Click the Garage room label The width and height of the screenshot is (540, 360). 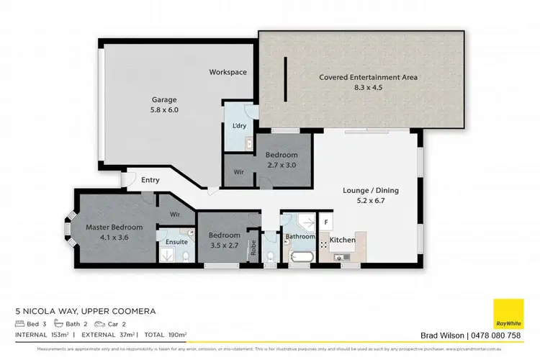164,100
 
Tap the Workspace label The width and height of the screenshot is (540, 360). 228,73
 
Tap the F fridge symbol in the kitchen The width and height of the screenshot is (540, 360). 326,223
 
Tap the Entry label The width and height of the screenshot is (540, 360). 150,180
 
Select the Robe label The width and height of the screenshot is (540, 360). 253,248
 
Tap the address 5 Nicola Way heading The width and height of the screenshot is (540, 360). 86,311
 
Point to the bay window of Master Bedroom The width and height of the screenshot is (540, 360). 69,230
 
